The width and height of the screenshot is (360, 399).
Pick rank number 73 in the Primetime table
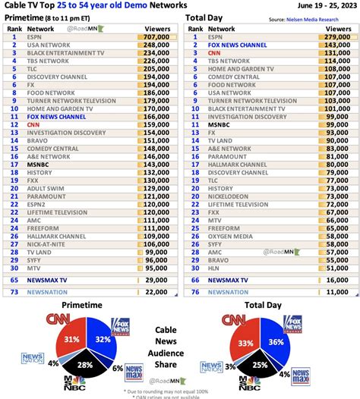pyautogui.click(x=14, y=292)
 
